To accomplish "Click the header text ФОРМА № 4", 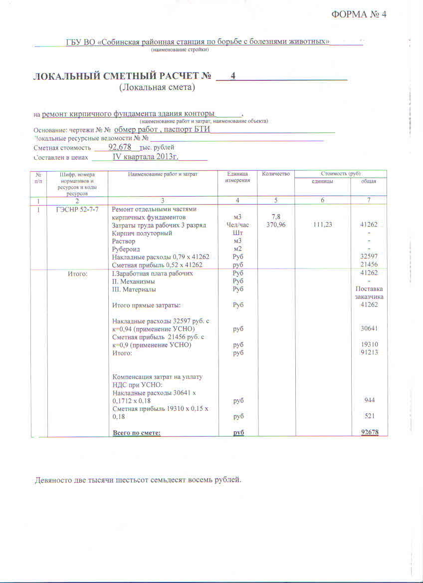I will click(359, 14).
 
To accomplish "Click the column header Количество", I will click(275, 174).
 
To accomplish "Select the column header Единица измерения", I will click(237, 177).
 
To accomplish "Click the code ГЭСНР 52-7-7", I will click(77, 209).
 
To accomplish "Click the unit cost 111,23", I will click(322, 225).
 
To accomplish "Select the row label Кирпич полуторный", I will click(142, 233).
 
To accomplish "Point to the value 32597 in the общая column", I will click(369, 257).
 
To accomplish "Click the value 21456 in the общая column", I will click(369, 265).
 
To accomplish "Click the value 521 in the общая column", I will click(369, 416).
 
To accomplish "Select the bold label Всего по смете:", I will click(137, 433).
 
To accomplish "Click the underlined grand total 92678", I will click(369, 433).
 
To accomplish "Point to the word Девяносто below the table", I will click(54, 480).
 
